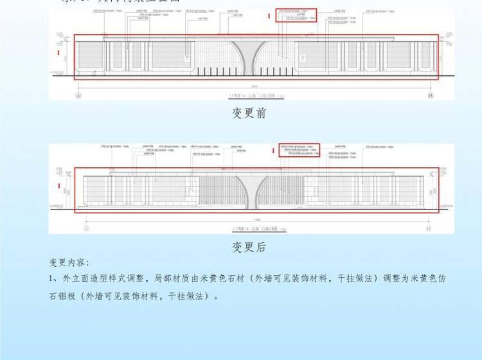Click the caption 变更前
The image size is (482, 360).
click(249, 114)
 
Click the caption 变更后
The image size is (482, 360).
click(249, 247)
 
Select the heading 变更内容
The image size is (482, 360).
click(69, 263)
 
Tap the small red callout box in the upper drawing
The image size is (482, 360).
click(296, 15)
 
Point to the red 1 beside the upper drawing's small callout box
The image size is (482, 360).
click(270, 14)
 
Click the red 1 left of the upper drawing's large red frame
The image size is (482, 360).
click(59, 51)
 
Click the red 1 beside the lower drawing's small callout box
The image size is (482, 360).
click(273, 150)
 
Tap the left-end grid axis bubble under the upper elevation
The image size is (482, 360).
click(78, 94)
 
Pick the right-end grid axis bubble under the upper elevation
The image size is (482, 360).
click(430, 94)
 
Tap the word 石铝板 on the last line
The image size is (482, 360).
click(64, 297)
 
